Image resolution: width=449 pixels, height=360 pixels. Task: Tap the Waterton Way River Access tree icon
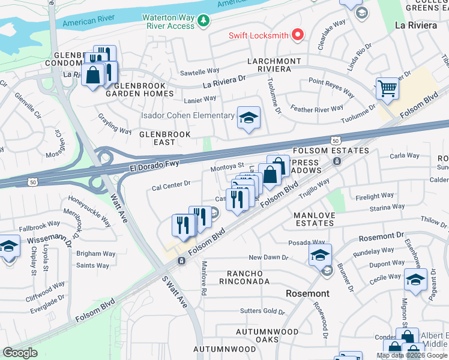pyautogui.click(x=204, y=22)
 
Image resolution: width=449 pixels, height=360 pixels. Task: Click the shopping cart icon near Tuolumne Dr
pyautogui.click(x=387, y=89)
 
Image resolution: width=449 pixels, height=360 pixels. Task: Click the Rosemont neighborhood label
pyautogui.click(x=307, y=293)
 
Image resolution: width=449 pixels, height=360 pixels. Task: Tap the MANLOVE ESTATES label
pyautogui.click(x=313, y=219)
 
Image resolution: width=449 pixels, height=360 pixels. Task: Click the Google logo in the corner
pyautogui.click(x=20, y=352)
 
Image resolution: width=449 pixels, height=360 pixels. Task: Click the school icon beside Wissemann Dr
pyautogui.click(x=8, y=247)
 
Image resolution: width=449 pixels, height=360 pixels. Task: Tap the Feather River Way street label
pyautogui.click(x=317, y=109)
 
